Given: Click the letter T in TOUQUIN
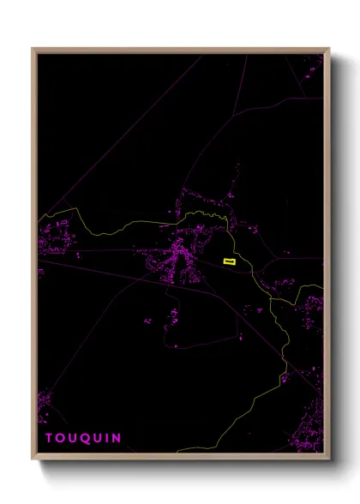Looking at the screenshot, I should click(x=50, y=438).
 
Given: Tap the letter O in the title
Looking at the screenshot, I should click(x=61, y=438).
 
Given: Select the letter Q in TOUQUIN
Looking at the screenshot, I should click(x=85, y=438).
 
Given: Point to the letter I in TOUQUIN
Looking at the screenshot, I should click(x=107, y=438).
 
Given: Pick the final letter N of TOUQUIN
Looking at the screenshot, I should click(x=117, y=438).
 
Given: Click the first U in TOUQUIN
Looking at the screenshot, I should click(x=73, y=438).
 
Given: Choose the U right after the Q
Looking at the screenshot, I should click(x=98, y=438).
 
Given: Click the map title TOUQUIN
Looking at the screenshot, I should click(x=83, y=438).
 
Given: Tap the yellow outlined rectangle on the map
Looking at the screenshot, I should click(x=229, y=261).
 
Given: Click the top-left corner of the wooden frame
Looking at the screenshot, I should click(x=33, y=49).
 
